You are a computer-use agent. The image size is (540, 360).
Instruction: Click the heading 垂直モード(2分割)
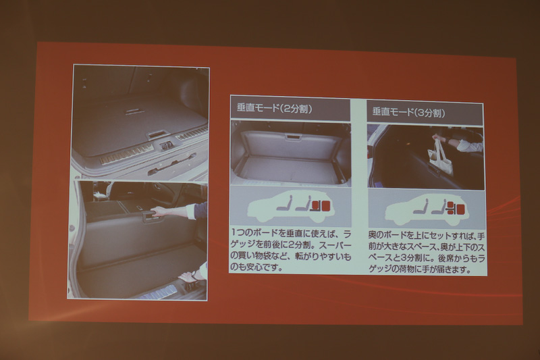click(274, 108)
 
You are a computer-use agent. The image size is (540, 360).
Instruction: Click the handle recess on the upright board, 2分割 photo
click(292, 137)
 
